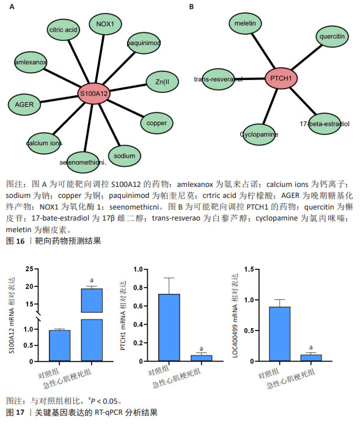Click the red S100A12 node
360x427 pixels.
coord(94,93)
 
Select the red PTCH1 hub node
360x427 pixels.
coord(281,78)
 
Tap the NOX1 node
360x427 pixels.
coord(105,24)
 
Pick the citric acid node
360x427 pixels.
coord(63,30)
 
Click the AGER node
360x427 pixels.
coord(24,104)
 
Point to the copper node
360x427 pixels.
coord(156,123)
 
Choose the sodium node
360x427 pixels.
coord(125,156)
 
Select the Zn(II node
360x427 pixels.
coord(162,82)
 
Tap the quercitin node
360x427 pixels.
coord(332,37)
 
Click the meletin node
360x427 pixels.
coord(245,23)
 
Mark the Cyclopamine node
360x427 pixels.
coord(259,134)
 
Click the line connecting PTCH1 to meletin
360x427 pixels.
coord(263,51)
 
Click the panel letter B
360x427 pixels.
coord(191,7)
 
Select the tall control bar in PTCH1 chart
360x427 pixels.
coord(169,327)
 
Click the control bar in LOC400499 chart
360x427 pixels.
coord(279,334)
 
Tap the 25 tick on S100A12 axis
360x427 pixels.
coord(29,269)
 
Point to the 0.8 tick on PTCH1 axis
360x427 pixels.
coord(138,288)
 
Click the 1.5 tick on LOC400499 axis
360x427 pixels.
coord(249,269)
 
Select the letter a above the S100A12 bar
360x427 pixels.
coord(92,280)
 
